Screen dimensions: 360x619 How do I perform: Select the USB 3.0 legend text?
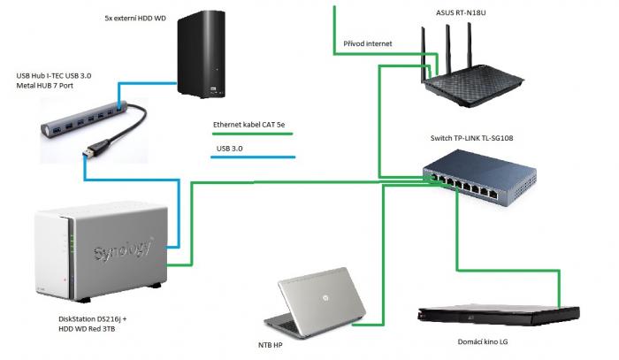pos(230,149)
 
